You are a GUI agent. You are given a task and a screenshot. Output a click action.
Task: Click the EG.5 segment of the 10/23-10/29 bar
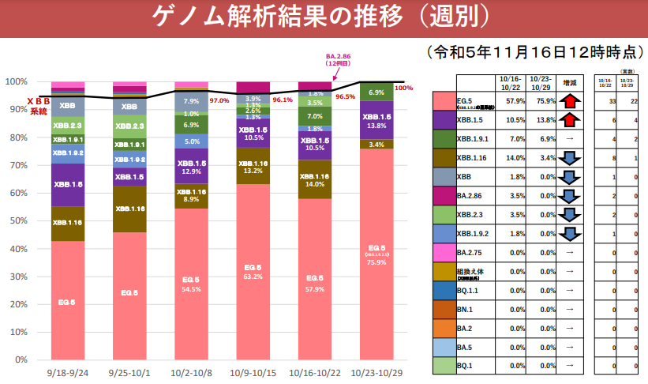pos(376,253)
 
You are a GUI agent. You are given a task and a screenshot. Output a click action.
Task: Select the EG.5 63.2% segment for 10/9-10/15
pos(253,273)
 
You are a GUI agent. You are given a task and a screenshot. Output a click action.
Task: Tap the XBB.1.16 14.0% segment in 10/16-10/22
pos(315,179)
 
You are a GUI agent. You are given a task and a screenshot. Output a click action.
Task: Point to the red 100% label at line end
pos(403,88)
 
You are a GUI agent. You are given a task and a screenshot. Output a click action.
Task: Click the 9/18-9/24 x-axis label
pos(67,371)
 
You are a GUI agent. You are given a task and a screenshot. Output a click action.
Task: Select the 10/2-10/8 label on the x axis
pos(191,371)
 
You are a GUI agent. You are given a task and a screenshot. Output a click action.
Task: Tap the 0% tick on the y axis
pos(21,360)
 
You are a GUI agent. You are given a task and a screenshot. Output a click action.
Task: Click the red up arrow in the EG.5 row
pos(570,101)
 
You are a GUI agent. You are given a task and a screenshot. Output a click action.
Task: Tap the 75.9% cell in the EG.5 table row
pos(540,101)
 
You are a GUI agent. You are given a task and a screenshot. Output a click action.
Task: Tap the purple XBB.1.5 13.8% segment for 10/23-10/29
pos(376,120)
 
